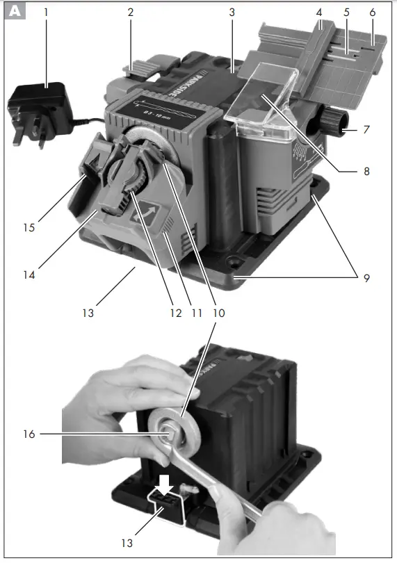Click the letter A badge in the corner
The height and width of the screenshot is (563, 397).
[x=14, y=12]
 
